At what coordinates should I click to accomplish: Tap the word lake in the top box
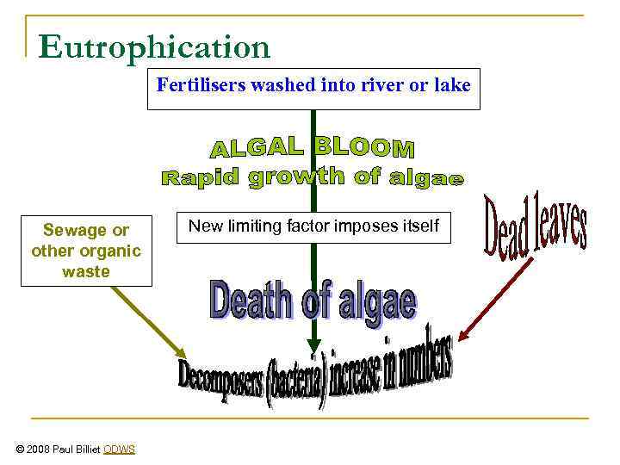(454, 85)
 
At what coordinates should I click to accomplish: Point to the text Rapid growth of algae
(313, 178)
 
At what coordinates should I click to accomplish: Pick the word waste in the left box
(86, 271)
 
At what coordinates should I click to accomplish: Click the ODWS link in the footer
(119, 449)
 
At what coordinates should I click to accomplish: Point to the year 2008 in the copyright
(40, 449)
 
